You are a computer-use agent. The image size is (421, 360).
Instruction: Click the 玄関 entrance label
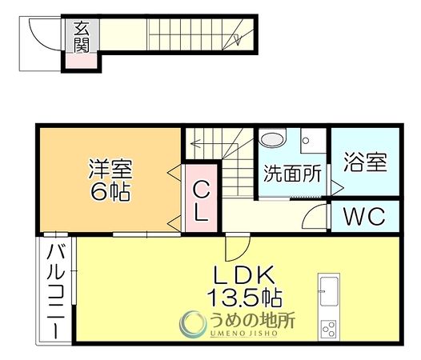click(x=82, y=37)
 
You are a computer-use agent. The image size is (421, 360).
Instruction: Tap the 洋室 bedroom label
click(x=110, y=169)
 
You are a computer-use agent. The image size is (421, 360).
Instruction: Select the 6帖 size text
click(x=110, y=192)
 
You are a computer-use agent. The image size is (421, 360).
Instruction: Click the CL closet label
click(x=201, y=200)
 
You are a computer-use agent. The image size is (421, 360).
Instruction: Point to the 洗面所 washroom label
click(x=292, y=174)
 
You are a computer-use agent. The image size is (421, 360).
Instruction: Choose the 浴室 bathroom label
click(x=366, y=162)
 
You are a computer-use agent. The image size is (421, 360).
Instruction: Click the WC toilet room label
click(x=365, y=216)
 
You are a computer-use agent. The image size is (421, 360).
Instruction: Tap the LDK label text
click(x=244, y=275)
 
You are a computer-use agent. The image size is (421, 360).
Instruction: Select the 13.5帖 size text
click(x=244, y=298)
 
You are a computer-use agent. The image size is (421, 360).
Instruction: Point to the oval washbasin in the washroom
click(x=273, y=139)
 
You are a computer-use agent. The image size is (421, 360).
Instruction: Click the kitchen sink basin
click(x=329, y=291)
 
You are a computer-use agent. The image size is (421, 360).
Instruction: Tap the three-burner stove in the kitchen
click(x=329, y=329)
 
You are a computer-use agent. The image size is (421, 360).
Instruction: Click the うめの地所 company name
click(x=253, y=320)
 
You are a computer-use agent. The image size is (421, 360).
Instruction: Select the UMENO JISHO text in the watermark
click(x=243, y=334)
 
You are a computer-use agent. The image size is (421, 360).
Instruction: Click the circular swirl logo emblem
click(x=193, y=324)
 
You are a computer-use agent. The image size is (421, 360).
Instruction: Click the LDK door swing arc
click(x=244, y=253)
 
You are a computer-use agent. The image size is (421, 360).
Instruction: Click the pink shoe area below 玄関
click(x=82, y=61)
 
